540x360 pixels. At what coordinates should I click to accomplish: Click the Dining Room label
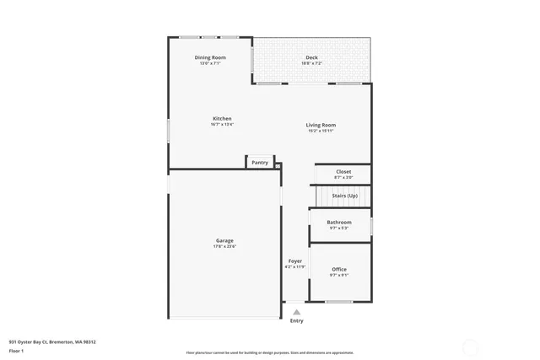(210, 57)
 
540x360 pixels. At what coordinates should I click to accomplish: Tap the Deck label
(311, 57)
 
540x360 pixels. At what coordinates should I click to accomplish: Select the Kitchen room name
(222, 119)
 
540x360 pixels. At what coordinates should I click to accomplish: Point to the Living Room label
(321, 125)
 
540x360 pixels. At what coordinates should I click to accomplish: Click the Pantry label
(260, 163)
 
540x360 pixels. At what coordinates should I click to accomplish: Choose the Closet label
(343, 172)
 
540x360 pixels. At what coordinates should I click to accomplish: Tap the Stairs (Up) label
(344, 196)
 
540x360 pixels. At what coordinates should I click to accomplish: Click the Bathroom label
(339, 222)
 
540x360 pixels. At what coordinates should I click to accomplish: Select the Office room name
(339, 269)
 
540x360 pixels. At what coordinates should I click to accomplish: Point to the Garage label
(224, 240)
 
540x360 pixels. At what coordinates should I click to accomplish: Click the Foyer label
(295, 261)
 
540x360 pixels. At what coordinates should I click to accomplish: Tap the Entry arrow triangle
(296, 311)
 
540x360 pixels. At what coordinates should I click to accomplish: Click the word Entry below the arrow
(296, 320)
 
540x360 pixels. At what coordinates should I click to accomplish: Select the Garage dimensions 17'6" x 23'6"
(224, 246)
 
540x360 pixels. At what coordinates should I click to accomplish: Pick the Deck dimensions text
(311, 63)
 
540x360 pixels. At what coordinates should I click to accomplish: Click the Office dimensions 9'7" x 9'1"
(339, 275)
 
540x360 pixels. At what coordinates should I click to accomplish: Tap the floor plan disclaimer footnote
(270, 353)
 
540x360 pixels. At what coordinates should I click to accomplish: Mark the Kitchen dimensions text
(222, 125)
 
